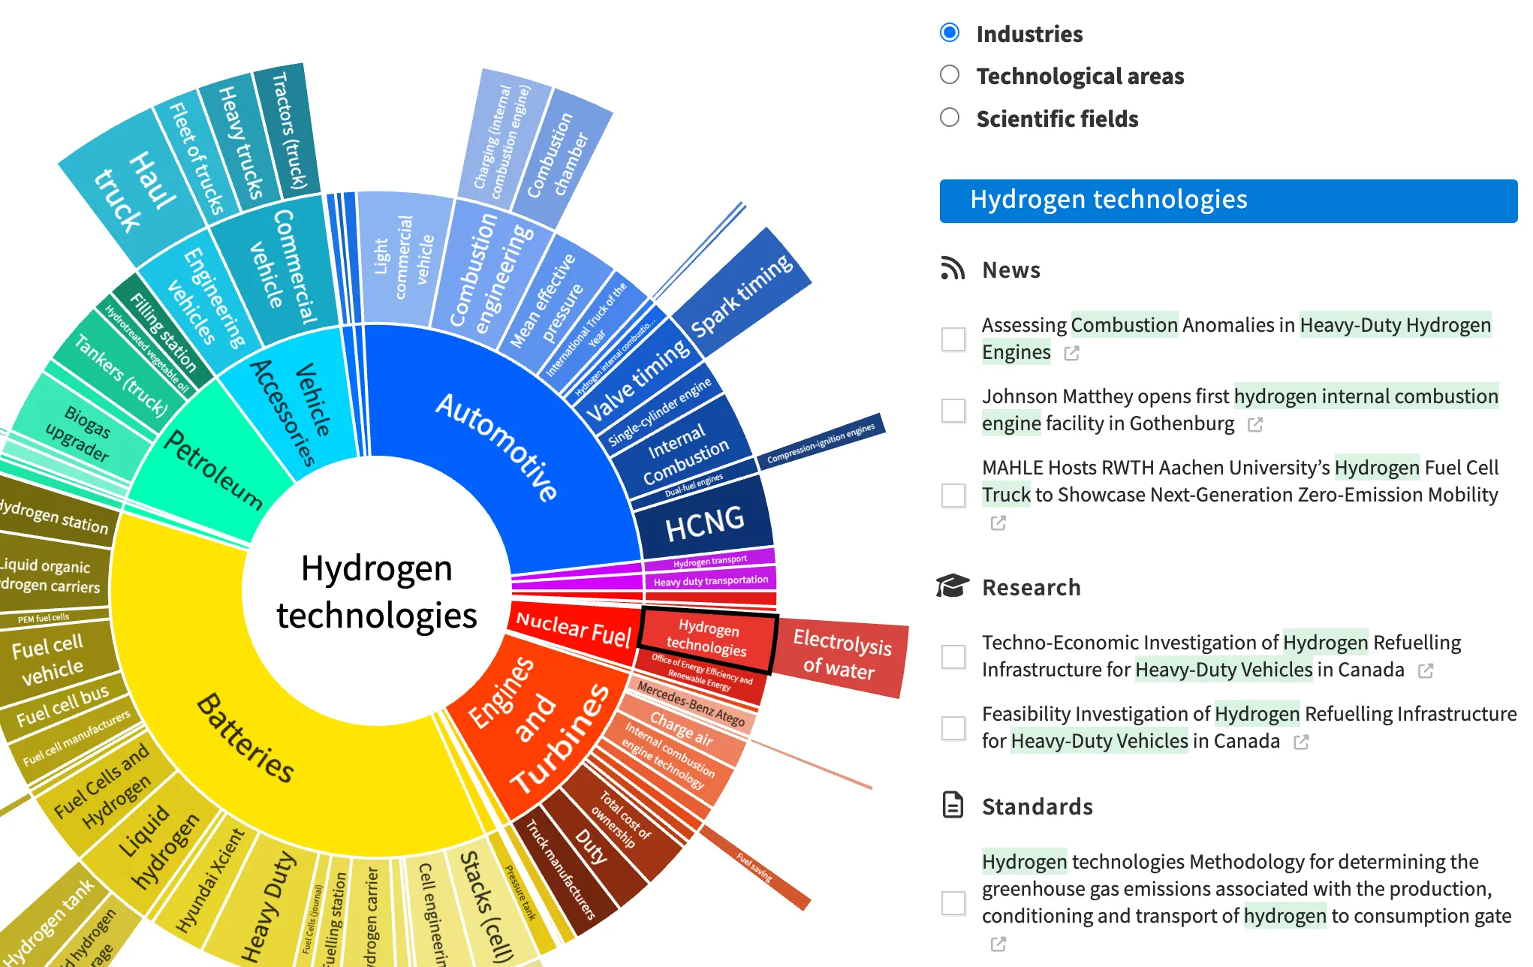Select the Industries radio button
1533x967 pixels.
point(950,32)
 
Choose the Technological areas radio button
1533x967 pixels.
point(950,75)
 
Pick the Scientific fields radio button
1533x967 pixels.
point(950,118)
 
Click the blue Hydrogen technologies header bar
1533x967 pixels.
point(1227,200)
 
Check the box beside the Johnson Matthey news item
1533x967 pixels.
point(953,410)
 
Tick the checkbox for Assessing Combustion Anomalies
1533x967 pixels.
point(953,339)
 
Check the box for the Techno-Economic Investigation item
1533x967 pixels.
point(953,656)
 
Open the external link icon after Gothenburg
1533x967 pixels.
point(1255,425)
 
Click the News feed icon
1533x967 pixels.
point(953,269)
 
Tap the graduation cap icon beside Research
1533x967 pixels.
point(953,586)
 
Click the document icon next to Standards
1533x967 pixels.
point(953,805)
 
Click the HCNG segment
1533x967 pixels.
point(704,523)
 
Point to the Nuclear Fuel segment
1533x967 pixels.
point(573,628)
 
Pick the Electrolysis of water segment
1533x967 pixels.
point(841,655)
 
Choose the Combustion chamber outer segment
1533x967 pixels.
point(559,158)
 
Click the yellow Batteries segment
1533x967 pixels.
point(248,736)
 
